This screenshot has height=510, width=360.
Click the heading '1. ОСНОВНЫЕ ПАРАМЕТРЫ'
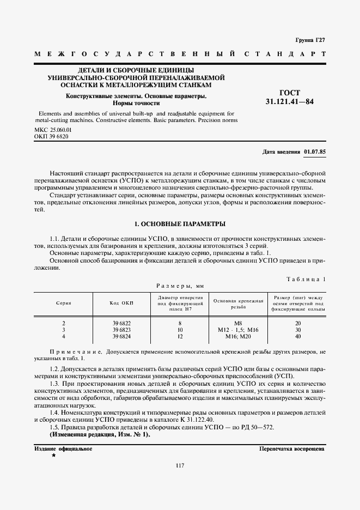[x=180, y=224]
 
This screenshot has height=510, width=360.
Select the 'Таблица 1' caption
[x=306, y=279]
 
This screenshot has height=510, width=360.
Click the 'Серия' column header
[x=64, y=302]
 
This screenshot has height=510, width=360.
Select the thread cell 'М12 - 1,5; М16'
[x=238, y=330]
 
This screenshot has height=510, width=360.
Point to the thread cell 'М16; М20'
[x=238, y=336]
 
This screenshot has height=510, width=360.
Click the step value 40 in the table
[x=298, y=336]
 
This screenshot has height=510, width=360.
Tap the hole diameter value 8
[x=180, y=324]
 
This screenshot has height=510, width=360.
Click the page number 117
[x=180, y=465]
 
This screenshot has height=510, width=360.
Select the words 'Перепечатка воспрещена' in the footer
[x=292, y=449]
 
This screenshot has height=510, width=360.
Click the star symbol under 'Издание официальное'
[x=53, y=456]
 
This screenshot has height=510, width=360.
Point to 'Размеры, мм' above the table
[x=180, y=285]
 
